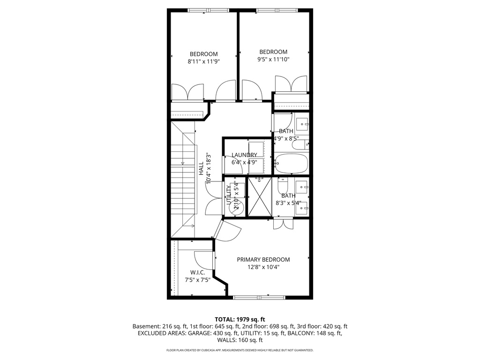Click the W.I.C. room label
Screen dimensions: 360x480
(x=197, y=272)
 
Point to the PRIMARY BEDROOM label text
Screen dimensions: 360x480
(x=263, y=260)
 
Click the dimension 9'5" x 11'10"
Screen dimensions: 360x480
(x=273, y=60)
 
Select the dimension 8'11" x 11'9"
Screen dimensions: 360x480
(x=203, y=61)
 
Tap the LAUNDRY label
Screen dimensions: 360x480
(x=244, y=155)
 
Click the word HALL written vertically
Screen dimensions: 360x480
(x=201, y=169)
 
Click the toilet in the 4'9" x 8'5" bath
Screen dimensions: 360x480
(x=299, y=145)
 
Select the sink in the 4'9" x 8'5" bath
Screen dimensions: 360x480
(x=304, y=125)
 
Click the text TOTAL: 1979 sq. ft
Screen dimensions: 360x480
(x=240, y=319)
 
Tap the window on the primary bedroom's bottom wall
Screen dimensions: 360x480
(x=259, y=297)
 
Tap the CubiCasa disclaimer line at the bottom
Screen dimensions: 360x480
(x=240, y=350)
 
